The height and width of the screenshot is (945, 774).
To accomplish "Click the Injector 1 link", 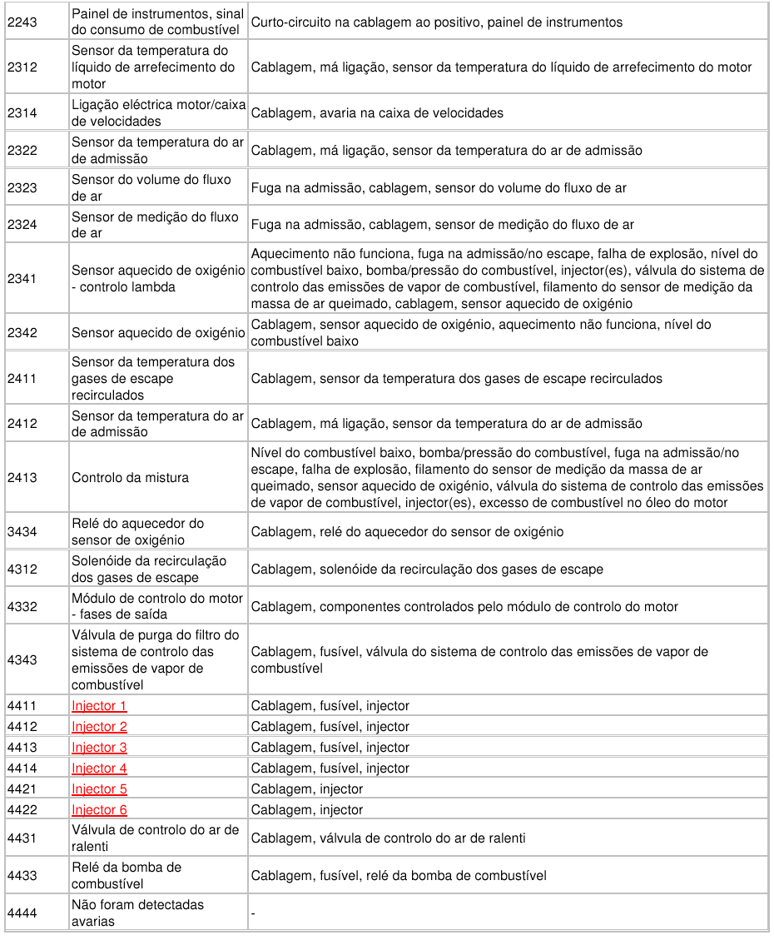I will click(99, 706).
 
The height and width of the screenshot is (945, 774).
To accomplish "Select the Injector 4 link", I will click(99, 768).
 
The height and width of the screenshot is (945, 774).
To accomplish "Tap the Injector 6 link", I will click(99, 810).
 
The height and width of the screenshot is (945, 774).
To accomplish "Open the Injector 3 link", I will click(99, 748).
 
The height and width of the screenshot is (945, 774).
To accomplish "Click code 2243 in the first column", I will click(22, 22).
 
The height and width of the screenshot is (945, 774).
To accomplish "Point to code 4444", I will click(22, 913).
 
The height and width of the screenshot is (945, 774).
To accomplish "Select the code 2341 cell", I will click(22, 279).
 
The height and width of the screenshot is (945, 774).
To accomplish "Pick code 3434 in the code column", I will click(22, 532).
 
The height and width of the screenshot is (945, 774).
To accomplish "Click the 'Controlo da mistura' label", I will click(130, 478).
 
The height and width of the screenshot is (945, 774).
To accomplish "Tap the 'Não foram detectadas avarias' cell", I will click(137, 913).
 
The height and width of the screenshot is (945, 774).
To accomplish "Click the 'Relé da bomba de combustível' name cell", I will click(127, 876).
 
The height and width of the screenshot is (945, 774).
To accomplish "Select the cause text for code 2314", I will click(377, 113).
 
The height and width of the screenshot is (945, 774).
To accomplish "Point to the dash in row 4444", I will click(253, 914).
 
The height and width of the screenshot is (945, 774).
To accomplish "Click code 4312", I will click(22, 569).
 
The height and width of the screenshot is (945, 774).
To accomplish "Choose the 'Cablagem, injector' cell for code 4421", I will click(307, 789).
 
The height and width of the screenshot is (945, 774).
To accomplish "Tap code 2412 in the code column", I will click(22, 424).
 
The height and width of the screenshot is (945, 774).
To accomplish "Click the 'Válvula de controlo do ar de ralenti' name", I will click(155, 838).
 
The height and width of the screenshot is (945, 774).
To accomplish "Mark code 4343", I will click(22, 660).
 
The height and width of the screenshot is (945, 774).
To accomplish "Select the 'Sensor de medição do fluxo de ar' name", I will click(155, 225).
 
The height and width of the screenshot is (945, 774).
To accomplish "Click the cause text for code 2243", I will click(436, 22).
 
